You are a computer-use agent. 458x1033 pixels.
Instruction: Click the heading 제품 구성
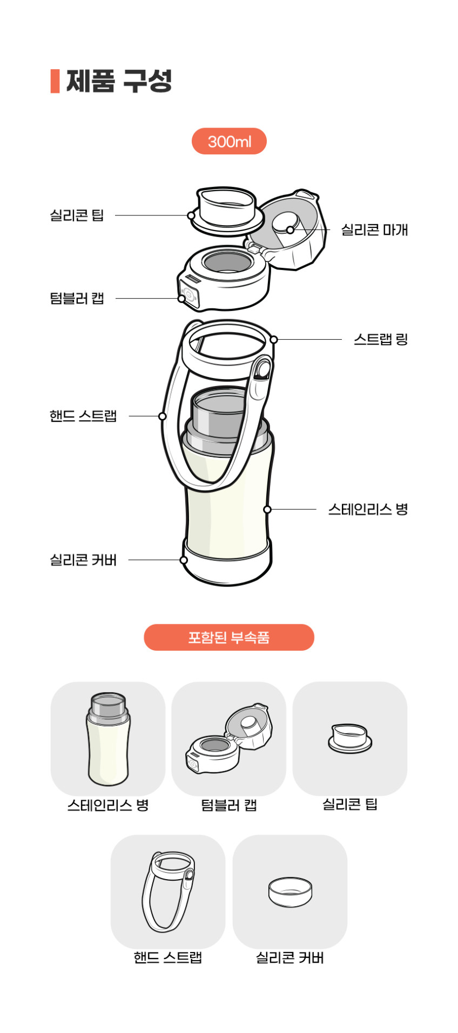coord(119,82)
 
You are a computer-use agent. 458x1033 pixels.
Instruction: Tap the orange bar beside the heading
coord(55,81)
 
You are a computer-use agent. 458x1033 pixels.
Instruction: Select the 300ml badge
coord(229,141)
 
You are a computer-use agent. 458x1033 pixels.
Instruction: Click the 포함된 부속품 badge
coord(229,637)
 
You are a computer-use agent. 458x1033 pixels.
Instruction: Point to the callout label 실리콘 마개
coord(374,230)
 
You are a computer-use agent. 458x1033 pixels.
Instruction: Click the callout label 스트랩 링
coord(381,340)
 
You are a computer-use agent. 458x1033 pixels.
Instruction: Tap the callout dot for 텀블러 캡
coord(182,298)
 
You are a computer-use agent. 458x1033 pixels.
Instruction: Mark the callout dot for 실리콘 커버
coord(184,560)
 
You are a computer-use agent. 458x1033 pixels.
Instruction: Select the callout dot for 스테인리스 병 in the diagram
coord(267,509)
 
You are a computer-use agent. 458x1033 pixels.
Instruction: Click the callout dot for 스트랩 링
coord(274,340)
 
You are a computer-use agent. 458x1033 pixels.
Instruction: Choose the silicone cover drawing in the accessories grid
coord(290,892)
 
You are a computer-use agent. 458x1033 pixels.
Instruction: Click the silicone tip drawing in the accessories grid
coord(350,738)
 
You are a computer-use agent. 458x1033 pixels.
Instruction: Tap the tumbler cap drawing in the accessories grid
coord(228,738)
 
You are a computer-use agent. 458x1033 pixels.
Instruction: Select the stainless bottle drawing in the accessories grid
coord(108,739)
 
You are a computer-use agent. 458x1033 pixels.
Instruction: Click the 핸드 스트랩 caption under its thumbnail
coord(168,958)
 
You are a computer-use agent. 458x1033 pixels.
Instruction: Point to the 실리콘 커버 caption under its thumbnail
coord(289,958)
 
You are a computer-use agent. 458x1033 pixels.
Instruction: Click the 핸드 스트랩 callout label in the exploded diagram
coord(83,416)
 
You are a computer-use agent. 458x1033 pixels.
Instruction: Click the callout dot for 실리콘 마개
coord(290,230)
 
